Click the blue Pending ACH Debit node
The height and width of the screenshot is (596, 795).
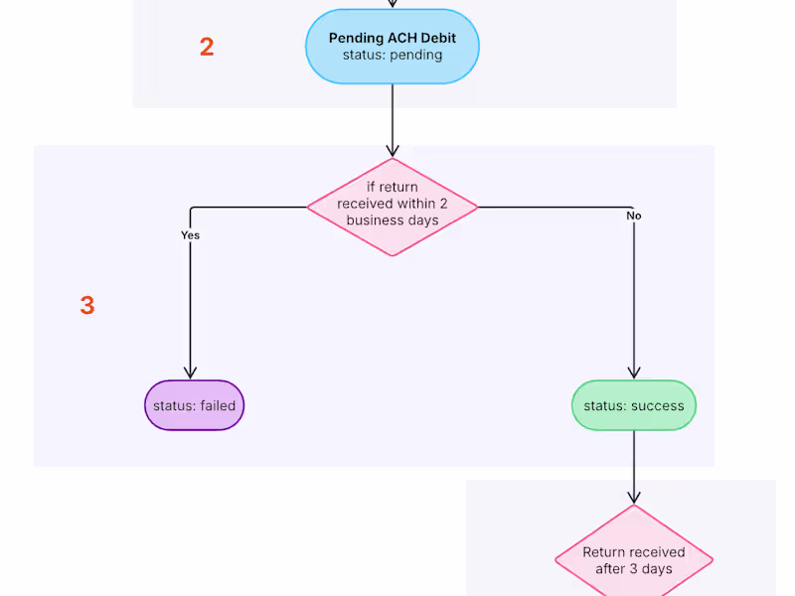pos(393,47)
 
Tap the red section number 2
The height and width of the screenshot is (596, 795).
pos(207,47)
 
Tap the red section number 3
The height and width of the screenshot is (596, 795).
pos(87,306)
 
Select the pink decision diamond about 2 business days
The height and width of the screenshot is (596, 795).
pos(393,207)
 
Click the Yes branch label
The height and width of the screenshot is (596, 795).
pos(190,235)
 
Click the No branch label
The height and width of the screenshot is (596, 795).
pos(633,216)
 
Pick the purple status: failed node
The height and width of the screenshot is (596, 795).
pos(195,405)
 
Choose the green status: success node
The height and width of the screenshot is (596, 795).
pos(634,405)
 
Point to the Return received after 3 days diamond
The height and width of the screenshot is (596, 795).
pos(634,559)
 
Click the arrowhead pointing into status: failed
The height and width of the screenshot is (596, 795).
pos(191,372)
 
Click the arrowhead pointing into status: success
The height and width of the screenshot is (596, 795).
pos(634,372)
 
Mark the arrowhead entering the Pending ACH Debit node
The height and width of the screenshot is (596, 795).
pos(393,4)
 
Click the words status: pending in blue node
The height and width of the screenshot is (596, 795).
pos(393,55)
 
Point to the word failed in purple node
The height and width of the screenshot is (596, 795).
pos(218,405)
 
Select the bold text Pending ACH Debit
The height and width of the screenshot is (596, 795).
pos(393,38)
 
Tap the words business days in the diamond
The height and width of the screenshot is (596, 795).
pos(393,221)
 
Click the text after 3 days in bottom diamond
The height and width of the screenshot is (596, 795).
pos(634,569)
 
